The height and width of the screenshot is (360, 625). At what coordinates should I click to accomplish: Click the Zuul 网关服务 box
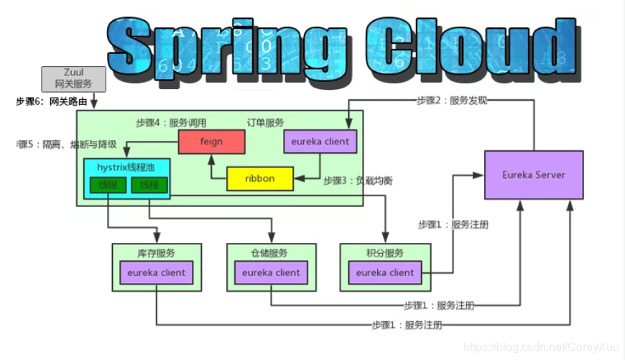(73, 78)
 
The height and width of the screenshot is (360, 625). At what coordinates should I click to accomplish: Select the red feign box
(211, 142)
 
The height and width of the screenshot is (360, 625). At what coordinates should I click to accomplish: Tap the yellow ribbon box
(259, 179)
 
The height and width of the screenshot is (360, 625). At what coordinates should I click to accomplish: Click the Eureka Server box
(533, 175)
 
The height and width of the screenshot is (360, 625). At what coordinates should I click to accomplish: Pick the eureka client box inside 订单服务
(320, 142)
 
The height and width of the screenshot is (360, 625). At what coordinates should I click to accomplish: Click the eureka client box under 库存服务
(156, 272)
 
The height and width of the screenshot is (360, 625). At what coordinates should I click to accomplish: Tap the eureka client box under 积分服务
(384, 272)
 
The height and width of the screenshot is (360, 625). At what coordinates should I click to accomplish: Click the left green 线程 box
(108, 185)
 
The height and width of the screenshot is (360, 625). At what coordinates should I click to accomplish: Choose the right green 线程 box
(149, 185)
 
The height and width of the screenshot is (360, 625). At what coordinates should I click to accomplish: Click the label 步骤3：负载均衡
(357, 180)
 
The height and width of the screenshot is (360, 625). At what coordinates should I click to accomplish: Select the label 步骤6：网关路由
(52, 102)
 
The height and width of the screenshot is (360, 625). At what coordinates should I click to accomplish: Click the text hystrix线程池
(126, 167)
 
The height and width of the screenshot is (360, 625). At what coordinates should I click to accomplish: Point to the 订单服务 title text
(266, 123)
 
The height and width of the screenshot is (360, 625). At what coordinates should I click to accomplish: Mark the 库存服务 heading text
(156, 253)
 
